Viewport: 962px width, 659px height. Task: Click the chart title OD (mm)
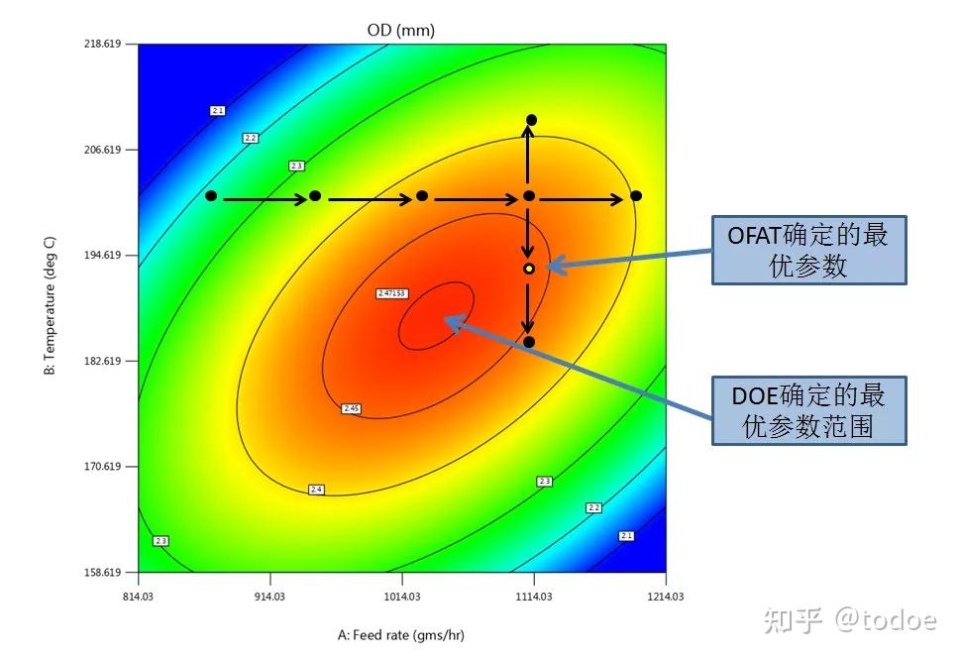[x=400, y=31]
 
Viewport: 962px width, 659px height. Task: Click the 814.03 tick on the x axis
[x=139, y=596]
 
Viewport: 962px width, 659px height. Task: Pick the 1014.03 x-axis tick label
[x=402, y=596]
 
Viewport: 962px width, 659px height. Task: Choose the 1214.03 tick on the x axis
[x=666, y=596]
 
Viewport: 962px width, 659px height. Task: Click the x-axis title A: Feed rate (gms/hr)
[x=401, y=635]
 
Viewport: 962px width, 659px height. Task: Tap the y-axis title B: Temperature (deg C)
[x=50, y=309]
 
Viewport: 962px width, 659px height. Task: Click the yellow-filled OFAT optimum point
[x=529, y=269]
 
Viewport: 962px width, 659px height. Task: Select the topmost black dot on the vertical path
[x=531, y=120]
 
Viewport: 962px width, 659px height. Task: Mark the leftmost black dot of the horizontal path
[x=211, y=196]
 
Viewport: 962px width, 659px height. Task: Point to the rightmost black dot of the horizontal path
[x=636, y=196]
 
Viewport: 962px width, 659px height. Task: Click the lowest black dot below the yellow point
[x=529, y=342]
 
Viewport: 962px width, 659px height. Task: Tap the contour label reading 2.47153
[x=392, y=294]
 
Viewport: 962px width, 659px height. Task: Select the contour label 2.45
[x=351, y=408]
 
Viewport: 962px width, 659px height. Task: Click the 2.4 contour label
[x=317, y=490]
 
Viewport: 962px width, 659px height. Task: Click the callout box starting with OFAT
[x=808, y=251]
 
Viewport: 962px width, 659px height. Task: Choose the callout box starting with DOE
[x=808, y=410]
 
